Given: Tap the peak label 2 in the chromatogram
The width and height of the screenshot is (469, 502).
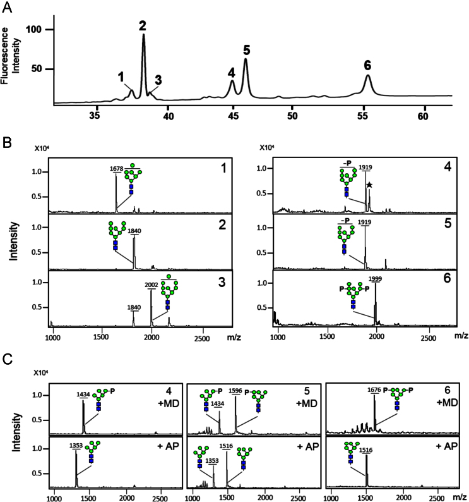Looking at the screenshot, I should (143, 26).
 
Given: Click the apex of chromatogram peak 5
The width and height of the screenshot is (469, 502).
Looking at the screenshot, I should (245, 59).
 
